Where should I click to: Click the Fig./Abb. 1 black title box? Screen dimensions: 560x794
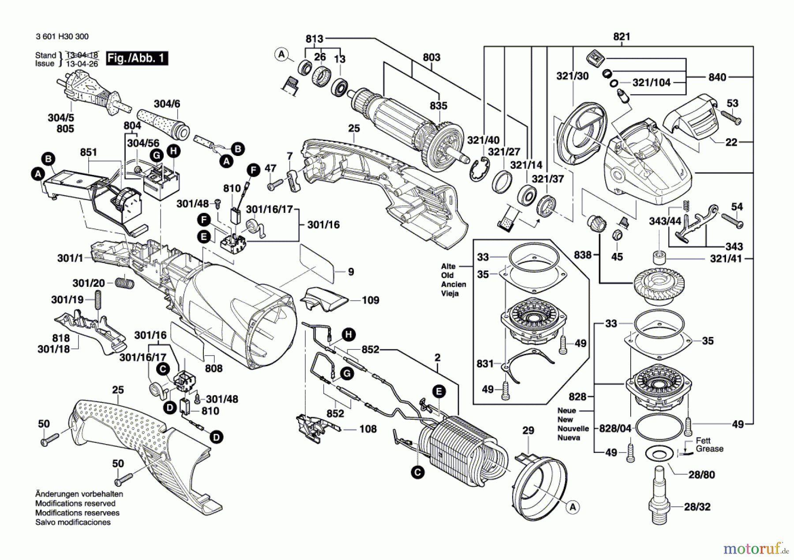click(x=137, y=58)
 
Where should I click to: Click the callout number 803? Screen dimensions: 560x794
click(x=431, y=57)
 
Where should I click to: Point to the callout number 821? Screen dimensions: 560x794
click(x=622, y=37)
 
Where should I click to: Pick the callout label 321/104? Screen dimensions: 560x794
click(x=651, y=82)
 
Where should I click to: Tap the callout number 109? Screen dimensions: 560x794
click(x=370, y=300)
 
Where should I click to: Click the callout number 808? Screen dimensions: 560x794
click(x=213, y=368)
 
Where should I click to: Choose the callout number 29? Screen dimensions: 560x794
click(x=528, y=430)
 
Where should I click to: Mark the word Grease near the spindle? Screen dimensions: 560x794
click(x=709, y=449)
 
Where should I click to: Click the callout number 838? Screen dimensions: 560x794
click(x=582, y=255)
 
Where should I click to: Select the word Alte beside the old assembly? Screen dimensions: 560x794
click(x=448, y=266)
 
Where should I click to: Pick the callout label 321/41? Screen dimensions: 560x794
click(x=726, y=259)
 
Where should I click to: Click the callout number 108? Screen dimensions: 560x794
click(x=368, y=429)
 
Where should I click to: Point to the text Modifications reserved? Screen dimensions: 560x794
click(x=75, y=503)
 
